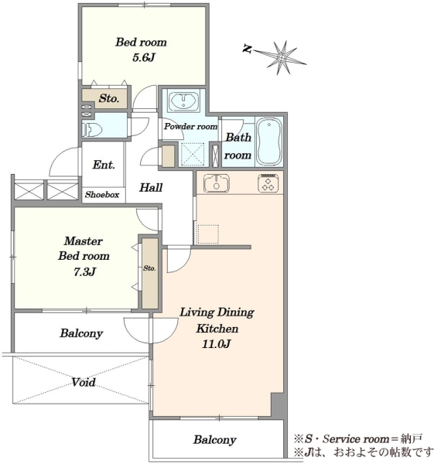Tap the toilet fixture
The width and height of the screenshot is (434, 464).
[92, 128]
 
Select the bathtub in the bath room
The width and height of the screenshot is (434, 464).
[268, 142]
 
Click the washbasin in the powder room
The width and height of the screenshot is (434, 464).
[183, 100]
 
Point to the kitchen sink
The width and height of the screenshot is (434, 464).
[217, 183]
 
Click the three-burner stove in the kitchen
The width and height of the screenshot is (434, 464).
[268, 183]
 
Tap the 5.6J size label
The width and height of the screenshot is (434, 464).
[144, 57]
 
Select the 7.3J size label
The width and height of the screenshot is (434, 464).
[84, 271]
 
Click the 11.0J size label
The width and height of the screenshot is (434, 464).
[216, 344]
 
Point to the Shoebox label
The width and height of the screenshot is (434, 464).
[102, 194]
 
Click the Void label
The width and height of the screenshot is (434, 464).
[84, 382]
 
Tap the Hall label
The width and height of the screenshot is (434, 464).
[151, 188]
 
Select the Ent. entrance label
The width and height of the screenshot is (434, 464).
[104, 165]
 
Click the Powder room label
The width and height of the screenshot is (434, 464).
[190, 127]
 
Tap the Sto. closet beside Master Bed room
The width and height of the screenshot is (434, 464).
[150, 273]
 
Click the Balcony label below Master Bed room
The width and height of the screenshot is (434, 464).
[81, 333]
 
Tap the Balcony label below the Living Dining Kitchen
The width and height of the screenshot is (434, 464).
[215, 440]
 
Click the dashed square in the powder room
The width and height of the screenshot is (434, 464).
[193, 154]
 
